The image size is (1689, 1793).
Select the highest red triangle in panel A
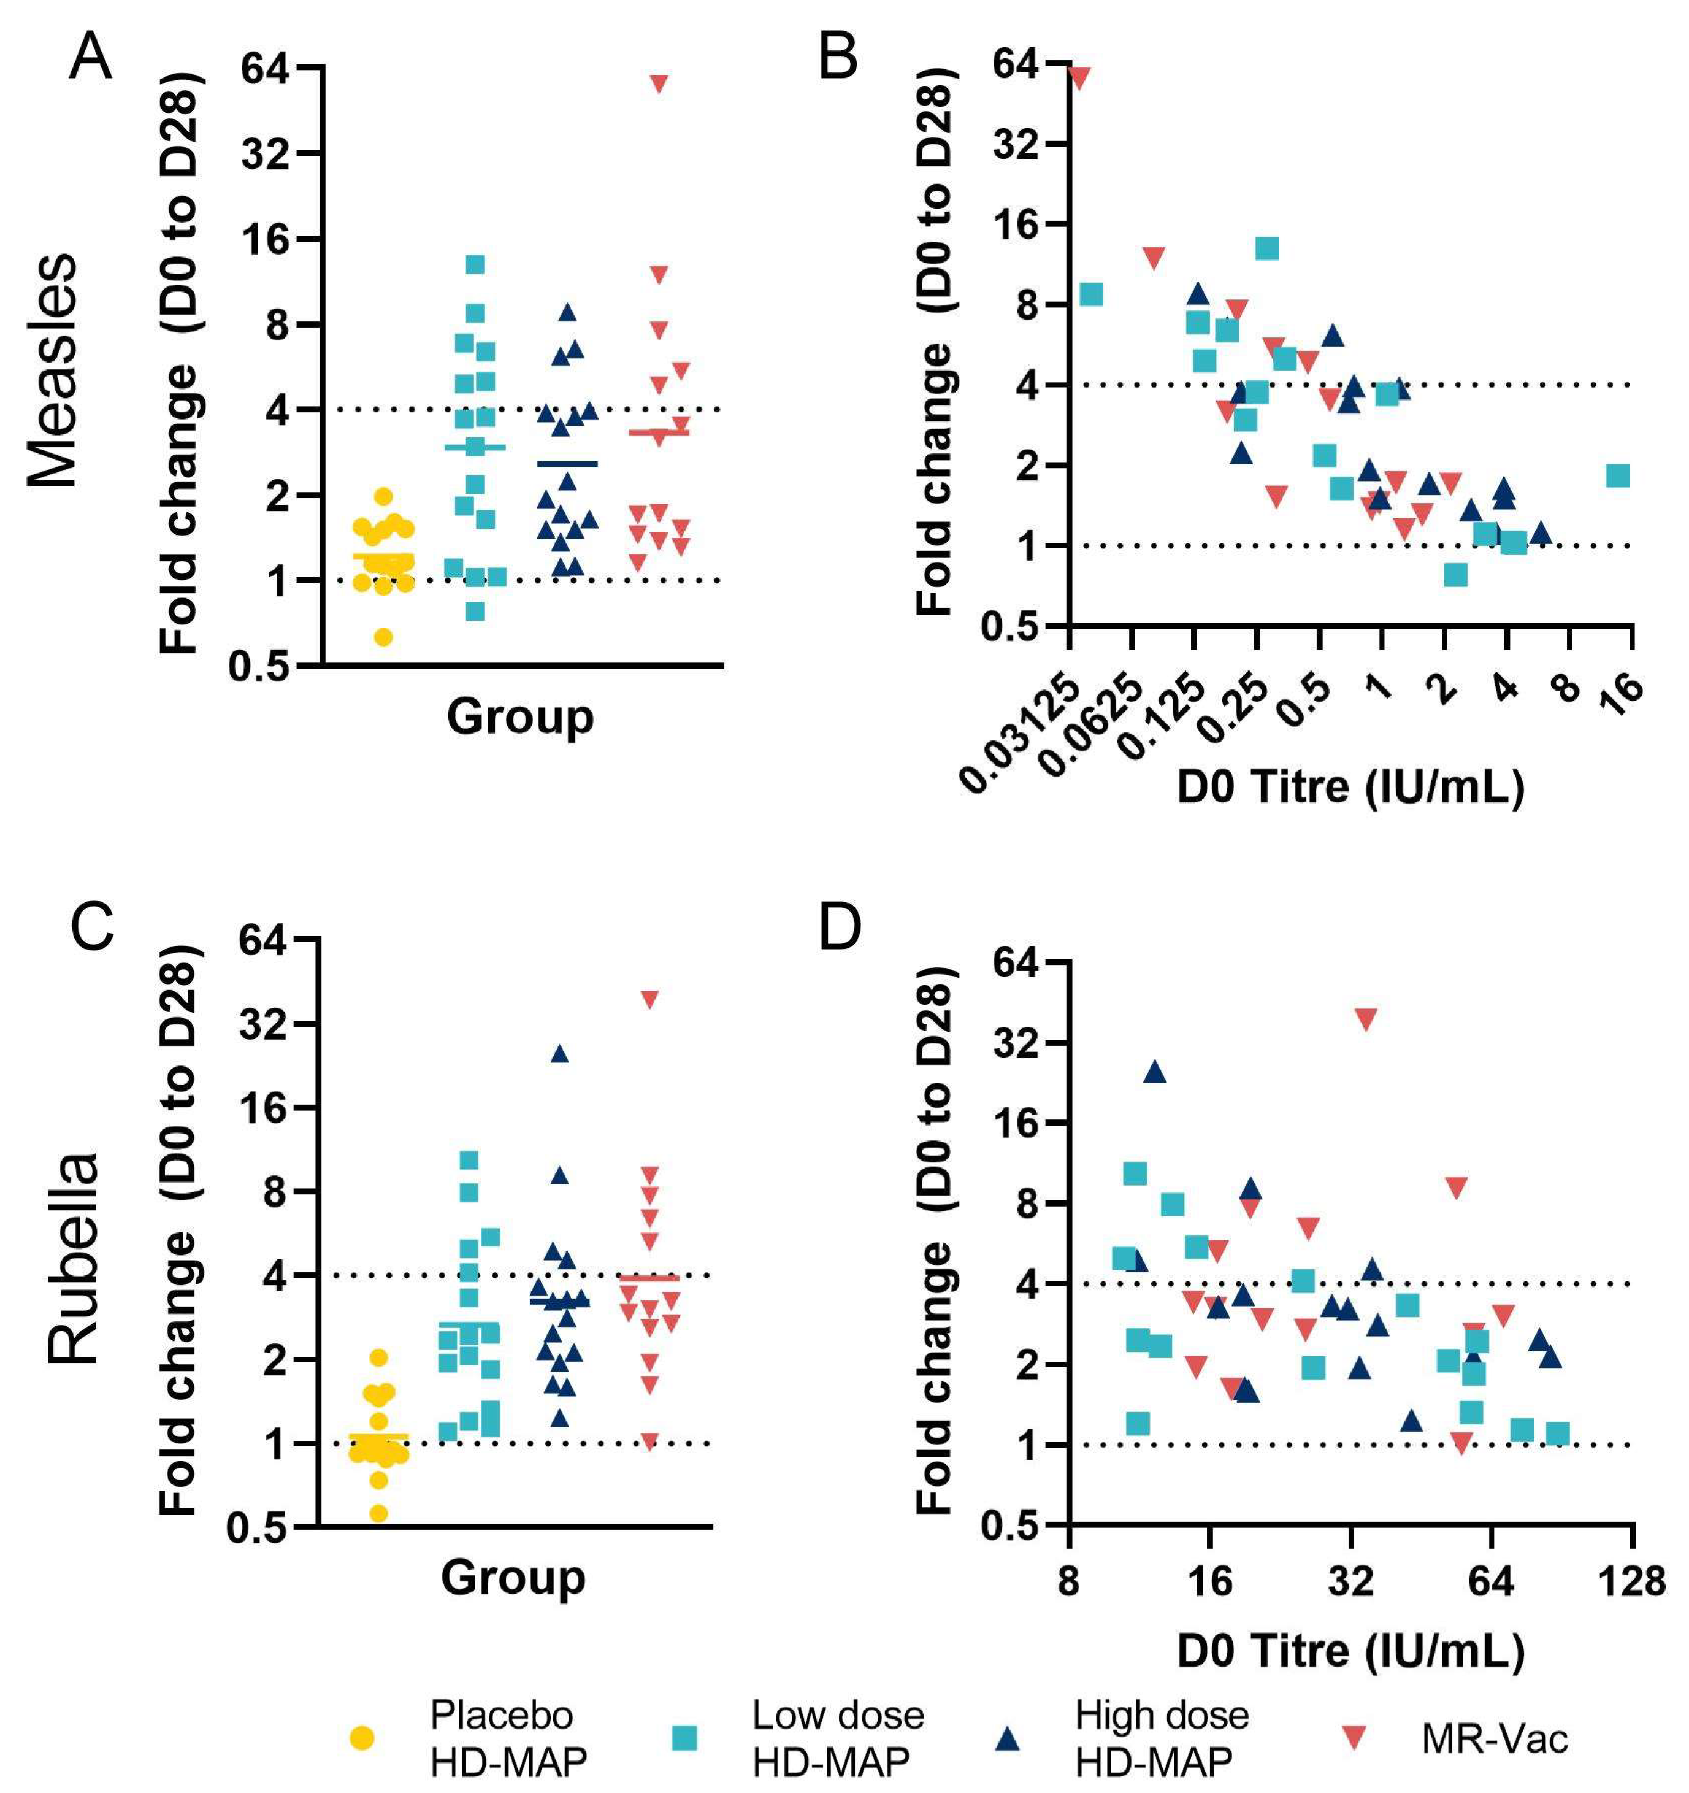[659, 83]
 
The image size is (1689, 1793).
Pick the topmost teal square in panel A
[475, 263]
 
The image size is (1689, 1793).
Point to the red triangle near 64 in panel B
[1079, 79]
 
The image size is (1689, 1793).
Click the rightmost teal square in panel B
[1618, 475]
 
